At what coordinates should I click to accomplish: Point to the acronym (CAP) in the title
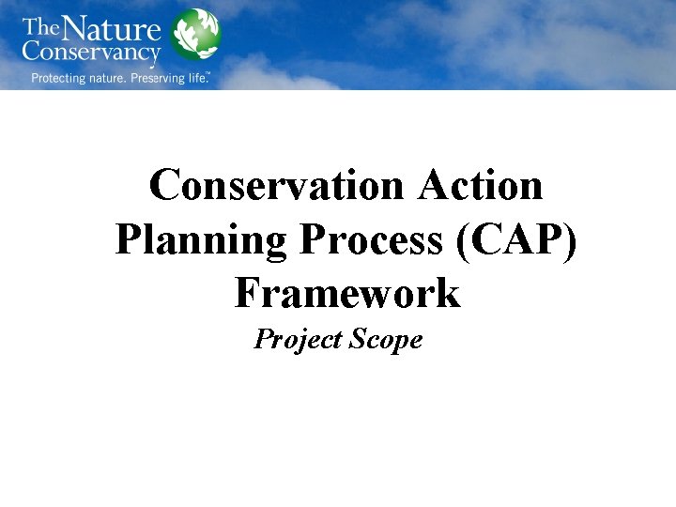520,239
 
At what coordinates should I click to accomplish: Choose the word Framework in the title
347,293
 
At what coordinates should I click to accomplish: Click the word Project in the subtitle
298,340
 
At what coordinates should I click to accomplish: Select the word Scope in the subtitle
385,340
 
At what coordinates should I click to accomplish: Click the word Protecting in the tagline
62,78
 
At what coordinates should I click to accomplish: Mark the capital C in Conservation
166,185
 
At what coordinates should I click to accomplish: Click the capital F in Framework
247,293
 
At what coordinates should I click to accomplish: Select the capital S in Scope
356,340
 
